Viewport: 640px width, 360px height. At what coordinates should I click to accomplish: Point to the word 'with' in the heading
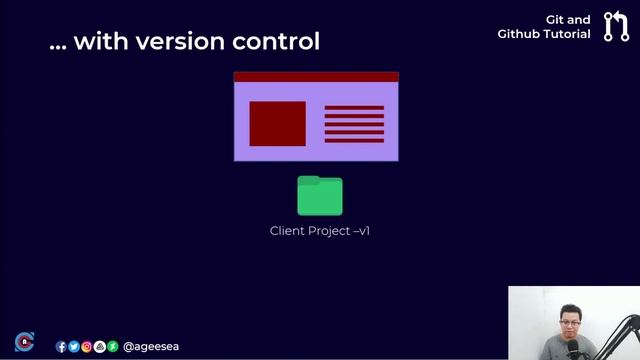click(x=95, y=42)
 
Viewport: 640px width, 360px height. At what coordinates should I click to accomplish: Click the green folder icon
click(x=320, y=196)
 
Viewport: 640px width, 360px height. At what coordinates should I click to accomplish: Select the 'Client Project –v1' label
click(x=320, y=231)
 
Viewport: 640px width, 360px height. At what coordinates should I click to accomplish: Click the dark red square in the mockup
click(x=277, y=123)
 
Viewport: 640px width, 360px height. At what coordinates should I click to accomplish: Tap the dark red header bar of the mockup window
click(x=316, y=76)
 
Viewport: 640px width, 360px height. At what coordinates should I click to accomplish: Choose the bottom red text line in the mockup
click(x=354, y=140)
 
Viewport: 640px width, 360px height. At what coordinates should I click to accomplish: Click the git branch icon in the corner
click(x=616, y=27)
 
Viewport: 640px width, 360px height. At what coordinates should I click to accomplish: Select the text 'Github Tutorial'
click(x=544, y=34)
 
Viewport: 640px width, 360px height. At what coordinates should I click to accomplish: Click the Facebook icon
click(x=61, y=347)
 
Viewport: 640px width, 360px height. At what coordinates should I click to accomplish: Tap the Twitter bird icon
click(x=74, y=347)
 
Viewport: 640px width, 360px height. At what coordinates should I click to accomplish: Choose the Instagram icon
click(x=87, y=347)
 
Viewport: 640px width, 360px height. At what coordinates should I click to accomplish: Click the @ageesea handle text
click(x=151, y=347)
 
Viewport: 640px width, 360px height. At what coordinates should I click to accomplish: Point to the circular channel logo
click(x=24, y=342)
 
